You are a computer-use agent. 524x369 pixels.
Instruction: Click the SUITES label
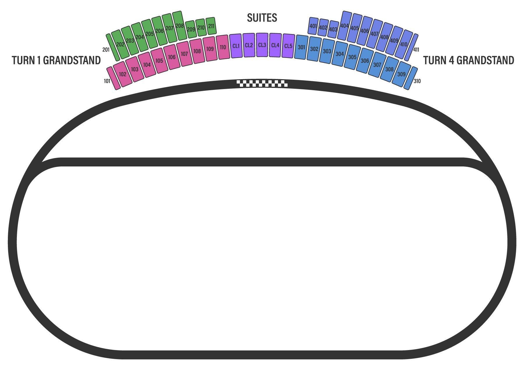point(262,18)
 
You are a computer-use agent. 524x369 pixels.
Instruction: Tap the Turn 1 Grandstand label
point(56,60)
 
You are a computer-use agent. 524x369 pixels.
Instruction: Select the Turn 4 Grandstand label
point(468,60)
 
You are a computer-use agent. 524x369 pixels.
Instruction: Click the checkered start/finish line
point(262,84)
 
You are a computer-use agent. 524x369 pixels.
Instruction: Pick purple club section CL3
point(262,45)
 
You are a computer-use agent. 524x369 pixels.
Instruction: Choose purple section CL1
point(236,46)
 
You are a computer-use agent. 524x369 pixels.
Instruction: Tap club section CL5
point(288,46)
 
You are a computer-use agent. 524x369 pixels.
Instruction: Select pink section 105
point(159,61)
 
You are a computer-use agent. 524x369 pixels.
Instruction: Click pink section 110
point(223,47)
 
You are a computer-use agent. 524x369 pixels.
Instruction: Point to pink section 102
point(123,74)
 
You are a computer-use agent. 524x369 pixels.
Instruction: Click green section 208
point(180,26)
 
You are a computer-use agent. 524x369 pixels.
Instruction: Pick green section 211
point(211,26)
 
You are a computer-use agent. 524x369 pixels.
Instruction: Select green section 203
point(130,40)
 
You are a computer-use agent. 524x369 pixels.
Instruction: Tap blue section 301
point(301,47)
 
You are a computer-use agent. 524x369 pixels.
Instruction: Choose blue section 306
point(365,61)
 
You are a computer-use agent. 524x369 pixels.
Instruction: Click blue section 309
point(401,74)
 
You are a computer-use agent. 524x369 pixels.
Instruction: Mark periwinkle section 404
point(344,26)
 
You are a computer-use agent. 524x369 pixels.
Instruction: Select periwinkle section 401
point(313,26)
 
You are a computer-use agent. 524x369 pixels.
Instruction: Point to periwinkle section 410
point(404,45)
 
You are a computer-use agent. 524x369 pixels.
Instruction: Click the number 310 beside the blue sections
point(417,81)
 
